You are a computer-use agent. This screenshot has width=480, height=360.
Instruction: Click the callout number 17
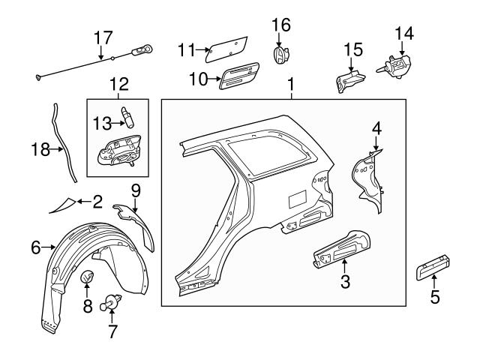pyautogui.click(x=101, y=37)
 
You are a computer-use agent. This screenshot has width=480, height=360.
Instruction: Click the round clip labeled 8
pyautogui.click(x=87, y=278)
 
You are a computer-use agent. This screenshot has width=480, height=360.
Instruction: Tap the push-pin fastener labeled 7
pyautogui.click(x=113, y=300)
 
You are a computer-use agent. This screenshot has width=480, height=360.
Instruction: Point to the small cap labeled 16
pyautogui.click(x=280, y=55)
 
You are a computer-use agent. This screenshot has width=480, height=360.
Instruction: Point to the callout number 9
pyautogui.click(x=135, y=190)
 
